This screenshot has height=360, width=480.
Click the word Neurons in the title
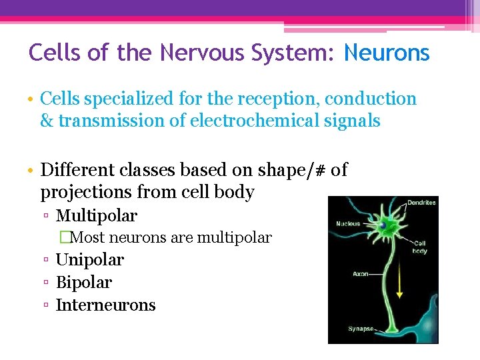(x=387, y=53)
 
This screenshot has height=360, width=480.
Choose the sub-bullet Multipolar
(x=97, y=216)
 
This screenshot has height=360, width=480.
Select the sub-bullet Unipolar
(x=90, y=260)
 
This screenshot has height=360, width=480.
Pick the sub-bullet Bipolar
(x=84, y=283)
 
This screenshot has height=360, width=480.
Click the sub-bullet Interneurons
(x=105, y=305)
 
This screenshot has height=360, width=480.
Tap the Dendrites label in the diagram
(x=422, y=203)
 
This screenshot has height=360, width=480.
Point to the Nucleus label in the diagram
(x=348, y=224)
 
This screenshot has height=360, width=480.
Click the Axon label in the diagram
(x=359, y=274)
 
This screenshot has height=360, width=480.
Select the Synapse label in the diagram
(x=361, y=329)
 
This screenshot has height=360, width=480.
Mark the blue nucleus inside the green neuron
(x=383, y=227)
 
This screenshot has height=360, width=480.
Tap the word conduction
(x=374, y=99)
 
